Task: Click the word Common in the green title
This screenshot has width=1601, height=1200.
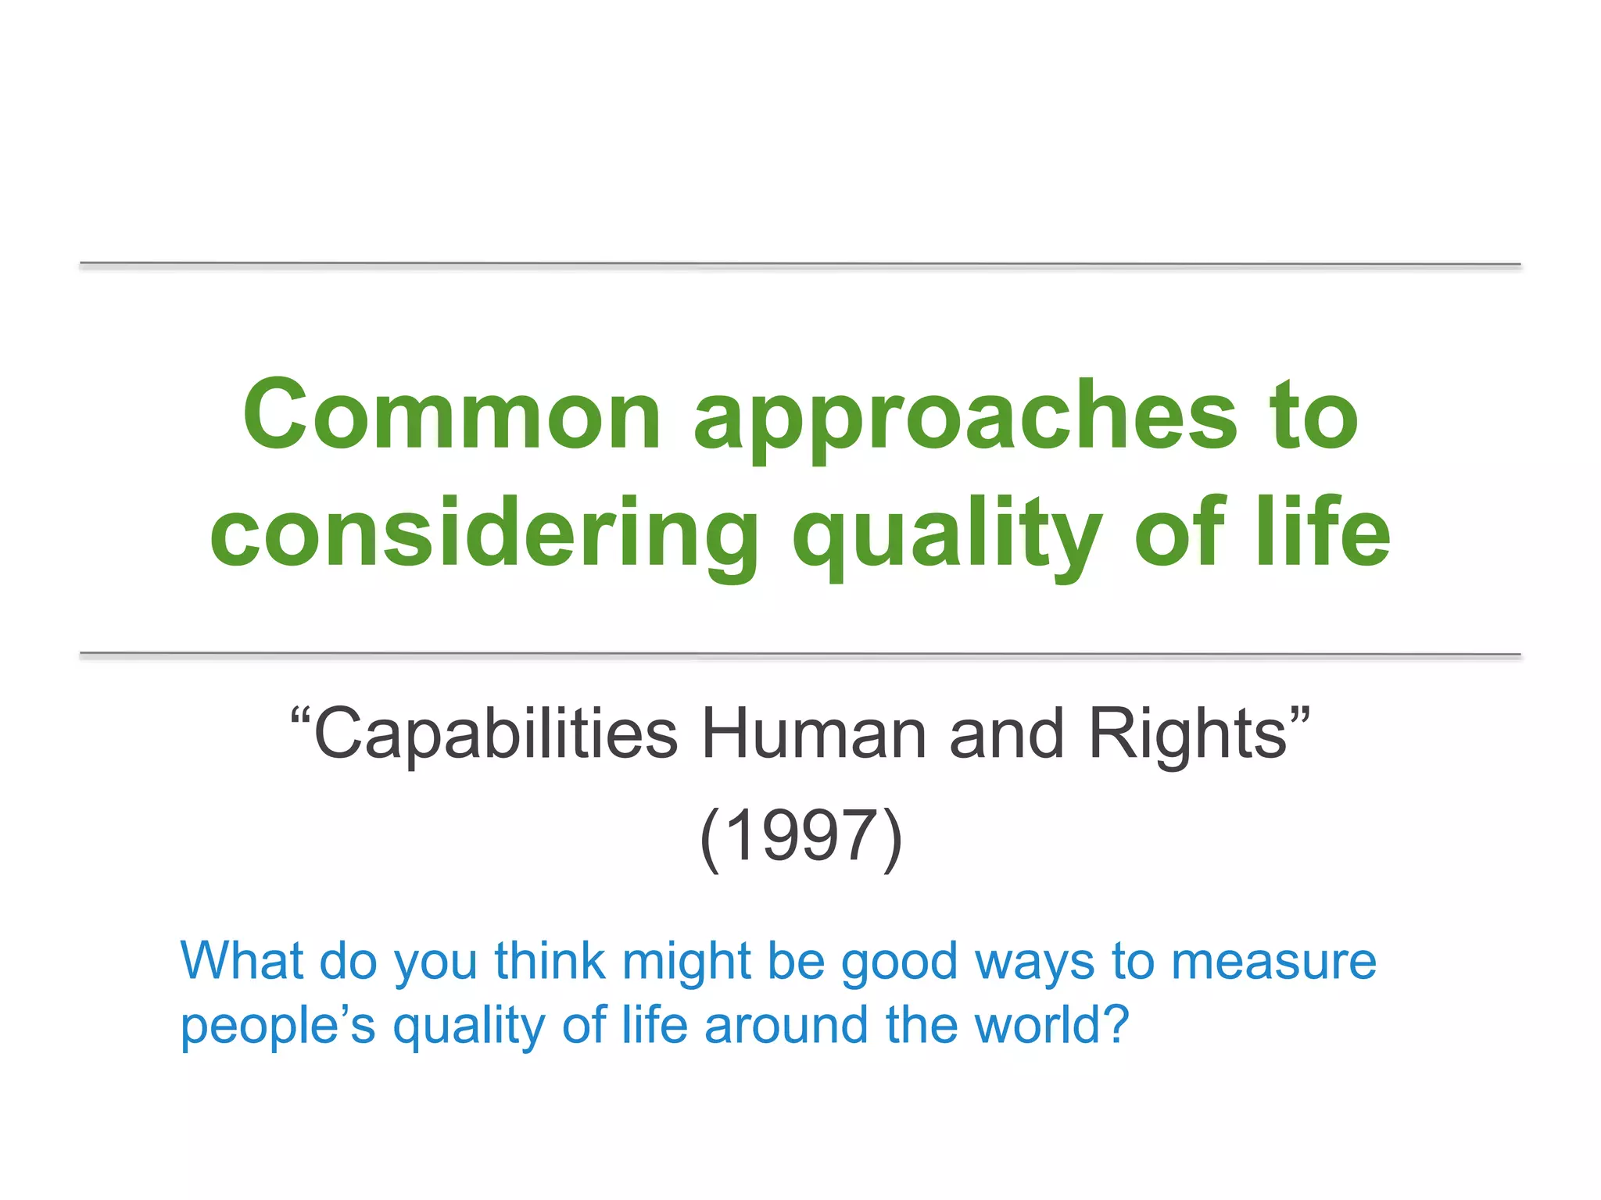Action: pyautogui.click(x=452, y=415)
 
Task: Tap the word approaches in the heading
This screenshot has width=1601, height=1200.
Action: pyautogui.click(x=966, y=418)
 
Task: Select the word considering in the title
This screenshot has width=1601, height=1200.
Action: pyautogui.click(x=483, y=534)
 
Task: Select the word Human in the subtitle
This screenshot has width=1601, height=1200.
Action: pyautogui.click(x=813, y=734)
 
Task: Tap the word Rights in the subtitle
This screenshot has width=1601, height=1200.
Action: pyautogui.click(x=1187, y=734)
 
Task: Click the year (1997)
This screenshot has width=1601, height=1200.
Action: pyautogui.click(x=800, y=836)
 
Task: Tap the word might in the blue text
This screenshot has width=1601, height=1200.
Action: pyautogui.click(x=686, y=962)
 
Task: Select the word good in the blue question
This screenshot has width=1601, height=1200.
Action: pyautogui.click(x=899, y=962)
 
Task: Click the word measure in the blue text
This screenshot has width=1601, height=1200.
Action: pyautogui.click(x=1273, y=962)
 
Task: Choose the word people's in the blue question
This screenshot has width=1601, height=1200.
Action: pyautogui.click(x=278, y=1025)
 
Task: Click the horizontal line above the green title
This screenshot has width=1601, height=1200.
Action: pyautogui.click(x=800, y=265)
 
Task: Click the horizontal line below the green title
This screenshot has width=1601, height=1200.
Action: pyautogui.click(x=800, y=654)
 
